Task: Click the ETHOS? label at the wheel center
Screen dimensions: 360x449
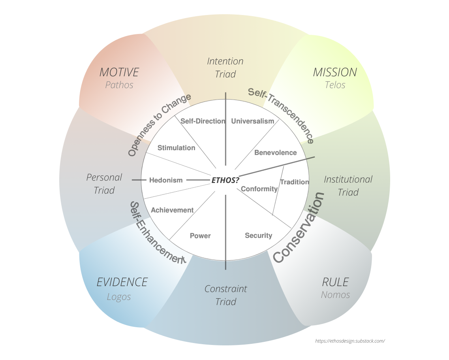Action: (225, 180)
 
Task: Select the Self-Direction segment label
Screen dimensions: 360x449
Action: (203, 121)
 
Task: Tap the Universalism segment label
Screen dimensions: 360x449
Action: (252, 121)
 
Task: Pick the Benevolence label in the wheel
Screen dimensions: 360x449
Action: (275, 153)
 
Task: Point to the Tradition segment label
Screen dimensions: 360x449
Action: (294, 182)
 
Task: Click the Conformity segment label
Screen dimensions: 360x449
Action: (259, 189)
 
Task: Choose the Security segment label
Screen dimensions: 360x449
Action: (258, 236)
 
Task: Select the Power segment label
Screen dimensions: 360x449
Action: (200, 236)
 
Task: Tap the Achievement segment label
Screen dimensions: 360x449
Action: (172, 210)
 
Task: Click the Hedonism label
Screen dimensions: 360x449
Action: (166, 180)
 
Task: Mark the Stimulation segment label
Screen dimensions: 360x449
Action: (176, 148)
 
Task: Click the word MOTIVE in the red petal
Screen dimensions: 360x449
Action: (119, 72)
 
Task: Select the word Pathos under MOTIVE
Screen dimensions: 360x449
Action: (119, 85)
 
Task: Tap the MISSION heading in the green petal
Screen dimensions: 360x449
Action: (335, 72)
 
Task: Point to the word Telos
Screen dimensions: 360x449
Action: (335, 85)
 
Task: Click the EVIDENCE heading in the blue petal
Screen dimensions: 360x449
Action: (122, 282)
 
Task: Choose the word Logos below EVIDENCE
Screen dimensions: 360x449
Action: (119, 297)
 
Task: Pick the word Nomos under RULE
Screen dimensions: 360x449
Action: (335, 295)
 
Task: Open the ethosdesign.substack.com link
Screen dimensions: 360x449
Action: (350, 341)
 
